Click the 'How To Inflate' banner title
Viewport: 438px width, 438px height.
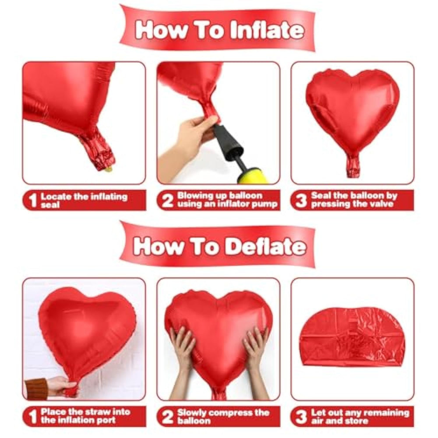pos(219,30)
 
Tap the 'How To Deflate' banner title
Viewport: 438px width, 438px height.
pos(219,246)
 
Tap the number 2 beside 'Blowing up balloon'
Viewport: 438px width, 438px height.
pos(167,200)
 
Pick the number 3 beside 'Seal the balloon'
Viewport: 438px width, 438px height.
pos(301,200)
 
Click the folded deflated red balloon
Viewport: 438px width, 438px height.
pos(352,336)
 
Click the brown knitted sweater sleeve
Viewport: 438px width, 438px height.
pos(36,389)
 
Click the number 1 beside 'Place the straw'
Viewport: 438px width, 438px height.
pos(33,417)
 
